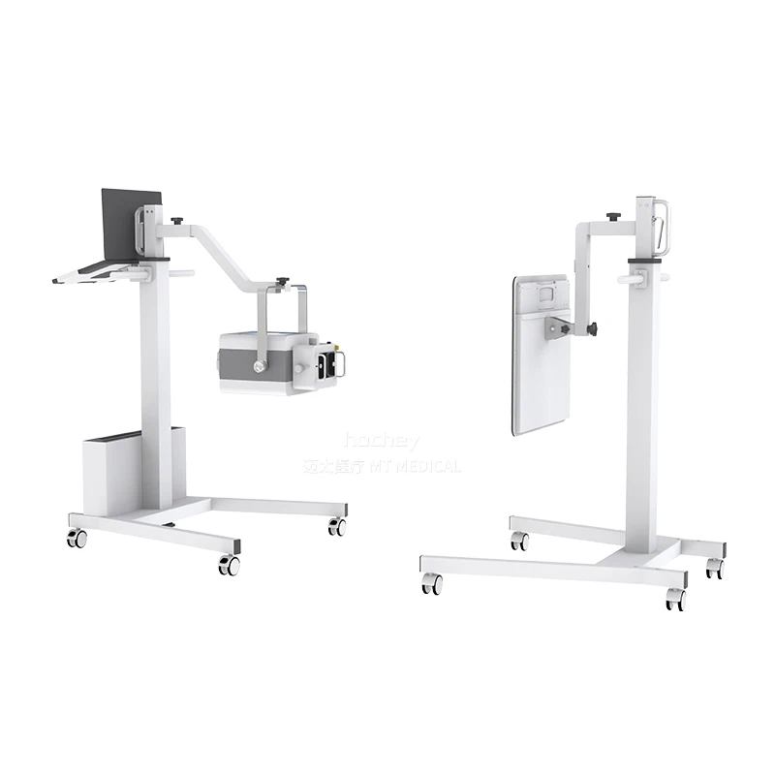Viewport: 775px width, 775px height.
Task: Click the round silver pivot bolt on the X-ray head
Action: coord(259,366)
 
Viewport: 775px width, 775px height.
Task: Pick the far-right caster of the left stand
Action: coord(336,527)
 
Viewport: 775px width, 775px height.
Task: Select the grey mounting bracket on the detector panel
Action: coord(561,327)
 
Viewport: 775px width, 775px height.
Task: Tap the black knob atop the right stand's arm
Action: coord(613,216)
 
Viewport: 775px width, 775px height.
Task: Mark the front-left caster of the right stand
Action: coord(431,583)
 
